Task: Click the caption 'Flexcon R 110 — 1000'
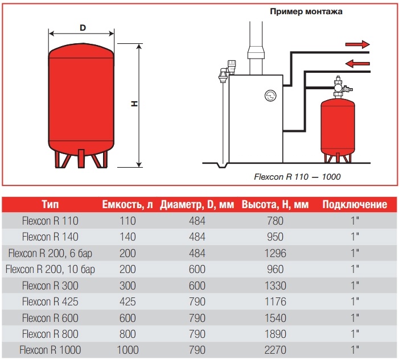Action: point(297,177)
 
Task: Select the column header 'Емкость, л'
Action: point(128,205)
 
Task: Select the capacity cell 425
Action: point(128,301)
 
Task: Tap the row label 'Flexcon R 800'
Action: point(50,334)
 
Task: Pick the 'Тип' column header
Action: point(50,205)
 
